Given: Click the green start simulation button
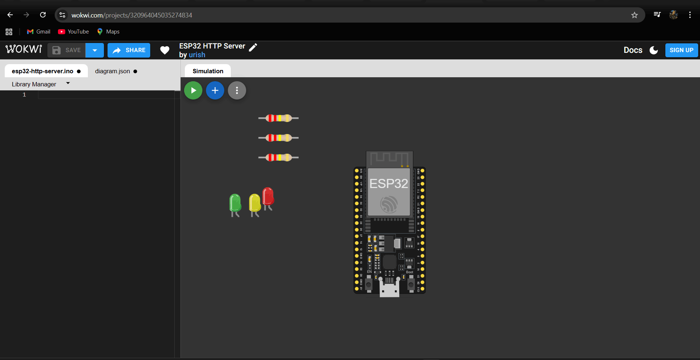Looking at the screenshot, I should [x=193, y=90].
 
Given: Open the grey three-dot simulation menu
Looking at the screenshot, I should [x=237, y=90].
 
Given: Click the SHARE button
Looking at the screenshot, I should [x=129, y=50].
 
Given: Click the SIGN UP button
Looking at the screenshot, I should [x=681, y=50].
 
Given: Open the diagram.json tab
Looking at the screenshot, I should [x=113, y=71].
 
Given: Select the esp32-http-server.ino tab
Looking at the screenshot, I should [x=43, y=71].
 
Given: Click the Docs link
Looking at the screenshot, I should [x=633, y=50].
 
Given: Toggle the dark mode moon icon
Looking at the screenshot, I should [x=654, y=50].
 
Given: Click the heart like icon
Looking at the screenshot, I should [x=165, y=50].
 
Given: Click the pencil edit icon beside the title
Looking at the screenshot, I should [x=253, y=47].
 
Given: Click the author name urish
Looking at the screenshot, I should [x=197, y=55].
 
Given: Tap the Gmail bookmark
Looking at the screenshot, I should [x=39, y=32].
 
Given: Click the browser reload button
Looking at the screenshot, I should [x=43, y=15].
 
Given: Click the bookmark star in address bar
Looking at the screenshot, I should [x=634, y=15].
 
